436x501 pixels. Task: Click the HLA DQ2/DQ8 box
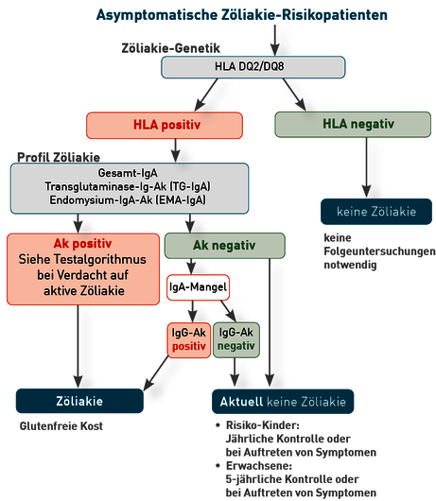pyautogui.click(x=253, y=67)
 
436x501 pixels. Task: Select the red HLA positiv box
pyautogui.click(x=165, y=125)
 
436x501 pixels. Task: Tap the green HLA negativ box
pyautogui.click(x=353, y=124)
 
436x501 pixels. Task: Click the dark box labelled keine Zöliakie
pyautogui.click(x=376, y=212)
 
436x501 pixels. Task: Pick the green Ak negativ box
pyautogui.click(x=225, y=246)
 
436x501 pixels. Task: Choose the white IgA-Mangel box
pyautogui.click(x=198, y=287)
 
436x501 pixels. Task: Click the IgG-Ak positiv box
pyautogui.click(x=189, y=340)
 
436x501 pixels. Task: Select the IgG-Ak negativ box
pyautogui.click(x=236, y=339)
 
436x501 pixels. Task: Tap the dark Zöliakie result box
pyautogui.click(x=79, y=401)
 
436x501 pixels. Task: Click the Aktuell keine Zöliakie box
pyautogui.click(x=283, y=402)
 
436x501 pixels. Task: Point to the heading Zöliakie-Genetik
pyautogui.click(x=170, y=48)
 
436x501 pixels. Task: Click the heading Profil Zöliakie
pyautogui.click(x=59, y=158)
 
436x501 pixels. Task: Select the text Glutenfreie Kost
pyautogui.click(x=61, y=426)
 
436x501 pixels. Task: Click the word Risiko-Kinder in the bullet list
pyautogui.click(x=262, y=425)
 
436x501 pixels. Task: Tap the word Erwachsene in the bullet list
pyautogui.click(x=259, y=466)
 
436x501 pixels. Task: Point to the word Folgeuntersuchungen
pyautogui.click(x=379, y=251)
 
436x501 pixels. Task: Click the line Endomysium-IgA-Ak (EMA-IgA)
pyautogui.click(x=128, y=200)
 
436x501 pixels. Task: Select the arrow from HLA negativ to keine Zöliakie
pyautogui.click(x=367, y=167)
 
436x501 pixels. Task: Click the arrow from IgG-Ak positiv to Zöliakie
pyautogui.click(x=156, y=373)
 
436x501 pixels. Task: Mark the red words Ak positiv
pyautogui.click(x=82, y=244)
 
